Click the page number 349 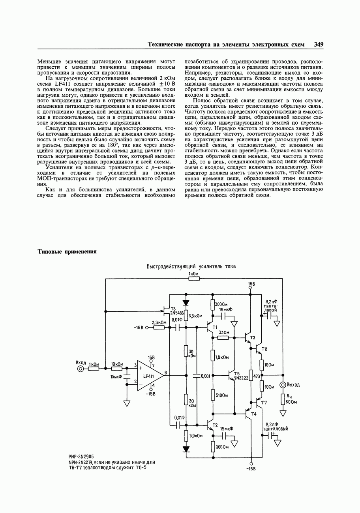click(x=319, y=45)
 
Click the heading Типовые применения click(x=67, y=252)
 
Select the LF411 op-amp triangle click(x=149, y=376)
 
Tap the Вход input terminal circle click(x=81, y=369)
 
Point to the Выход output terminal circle click(x=283, y=385)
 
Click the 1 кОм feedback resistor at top click(x=194, y=279)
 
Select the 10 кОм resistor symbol click(x=116, y=369)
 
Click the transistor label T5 click(x=237, y=373)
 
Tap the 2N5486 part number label click(x=177, y=313)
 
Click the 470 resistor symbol click(x=251, y=376)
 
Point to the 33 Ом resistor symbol click(x=223, y=338)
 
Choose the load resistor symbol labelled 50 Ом click(x=283, y=399)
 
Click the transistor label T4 click(x=253, y=414)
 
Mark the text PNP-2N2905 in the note click(x=81, y=456)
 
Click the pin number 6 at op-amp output click(x=166, y=373)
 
